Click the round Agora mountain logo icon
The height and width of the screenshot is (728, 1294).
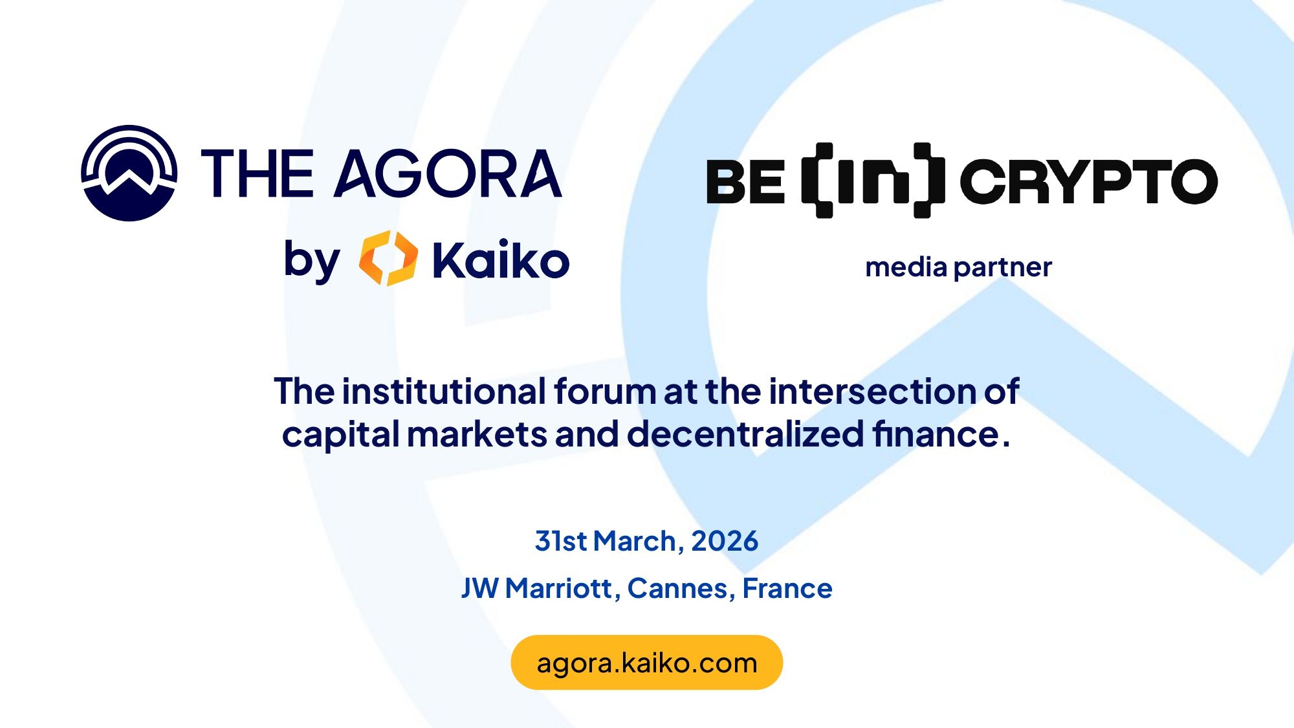pos(129,173)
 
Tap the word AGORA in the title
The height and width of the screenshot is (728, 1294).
pos(448,173)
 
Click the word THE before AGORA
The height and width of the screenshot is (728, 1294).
pos(258,173)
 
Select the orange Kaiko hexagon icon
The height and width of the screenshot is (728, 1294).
pos(388,258)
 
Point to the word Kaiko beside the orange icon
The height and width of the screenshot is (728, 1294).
pos(501,259)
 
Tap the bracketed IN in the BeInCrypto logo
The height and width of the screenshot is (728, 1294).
pos(873,181)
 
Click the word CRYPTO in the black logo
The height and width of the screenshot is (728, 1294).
pos(1089,181)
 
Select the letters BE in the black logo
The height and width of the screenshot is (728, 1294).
pos(745,182)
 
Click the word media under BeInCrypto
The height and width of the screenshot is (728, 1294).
pos(906,267)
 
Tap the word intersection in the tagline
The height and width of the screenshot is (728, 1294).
pos(873,392)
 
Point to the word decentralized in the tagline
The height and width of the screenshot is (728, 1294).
pos(745,434)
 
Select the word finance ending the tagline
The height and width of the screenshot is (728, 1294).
pos(936,434)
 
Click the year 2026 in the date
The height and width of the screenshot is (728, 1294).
pos(725,541)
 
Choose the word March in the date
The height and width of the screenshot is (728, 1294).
pos(635,541)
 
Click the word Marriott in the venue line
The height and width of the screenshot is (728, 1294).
pos(558,589)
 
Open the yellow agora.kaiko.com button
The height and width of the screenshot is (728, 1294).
pos(647,663)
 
